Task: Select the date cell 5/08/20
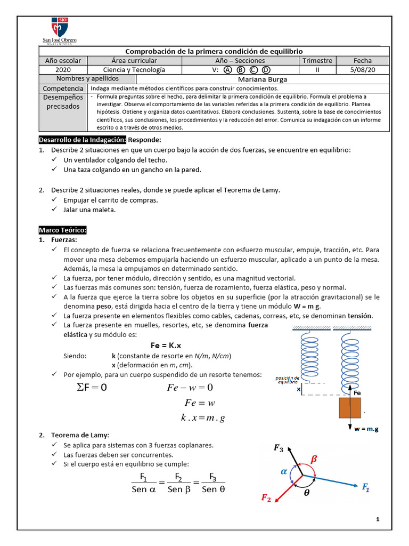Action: click(362, 70)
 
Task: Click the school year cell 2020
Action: click(62, 70)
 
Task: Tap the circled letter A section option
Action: click(227, 70)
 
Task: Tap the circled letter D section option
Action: click(266, 70)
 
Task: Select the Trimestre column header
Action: click(317, 61)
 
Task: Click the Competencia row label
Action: click(63, 88)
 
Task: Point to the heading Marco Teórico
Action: click(62, 230)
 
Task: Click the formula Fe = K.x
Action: click(166, 346)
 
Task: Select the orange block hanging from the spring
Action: click(350, 408)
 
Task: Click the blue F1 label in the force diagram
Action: click(366, 486)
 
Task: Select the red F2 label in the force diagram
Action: click(266, 498)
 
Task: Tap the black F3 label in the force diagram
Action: click(279, 448)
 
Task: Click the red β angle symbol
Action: click(314, 458)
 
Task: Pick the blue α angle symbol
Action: click(284, 471)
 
